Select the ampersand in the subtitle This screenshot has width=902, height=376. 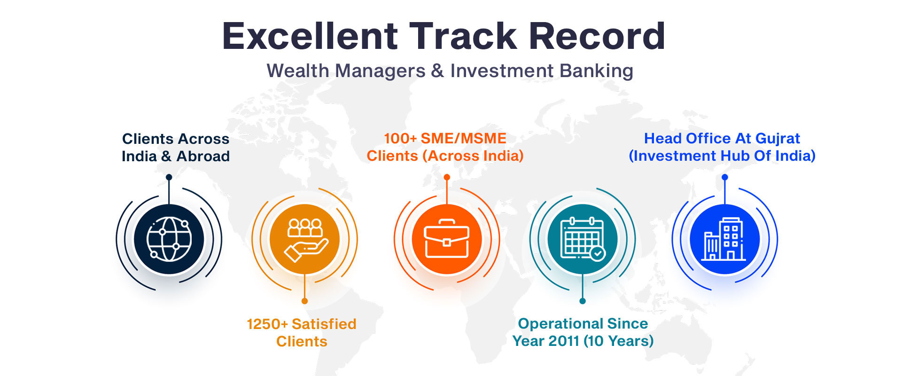click(437, 71)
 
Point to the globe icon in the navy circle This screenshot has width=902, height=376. click(169, 239)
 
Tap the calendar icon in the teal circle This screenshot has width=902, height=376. click(583, 239)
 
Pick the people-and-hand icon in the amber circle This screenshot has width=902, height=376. click(305, 240)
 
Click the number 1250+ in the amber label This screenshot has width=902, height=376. click(267, 324)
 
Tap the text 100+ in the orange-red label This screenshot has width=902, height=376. click(400, 139)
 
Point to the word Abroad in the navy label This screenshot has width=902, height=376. click(203, 156)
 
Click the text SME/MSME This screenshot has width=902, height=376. click(464, 139)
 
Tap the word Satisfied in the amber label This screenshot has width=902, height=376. click(324, 324)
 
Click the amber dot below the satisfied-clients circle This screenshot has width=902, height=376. click(304, 301)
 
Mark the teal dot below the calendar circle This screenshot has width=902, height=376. click(583, 301)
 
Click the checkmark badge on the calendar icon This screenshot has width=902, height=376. click(597, 253)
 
